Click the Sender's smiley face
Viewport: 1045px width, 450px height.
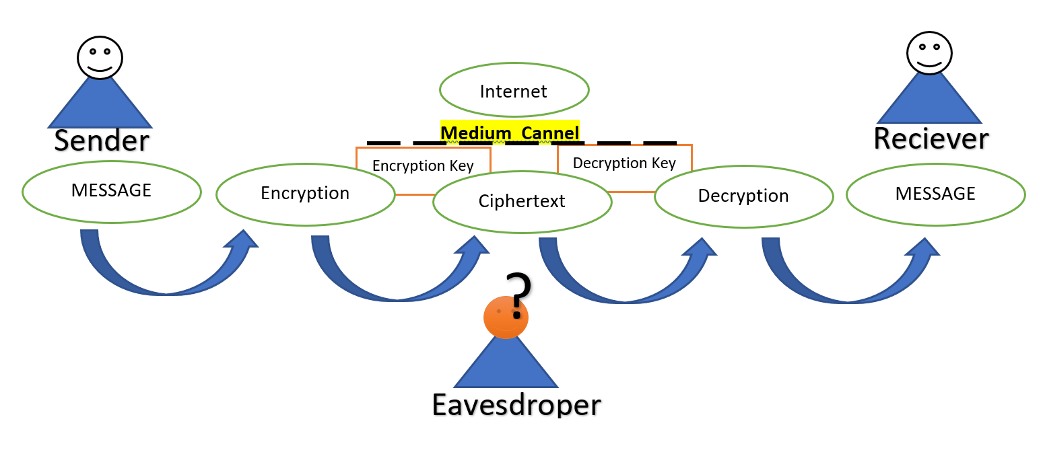[100, 58]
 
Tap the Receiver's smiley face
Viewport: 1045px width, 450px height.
[929, 53]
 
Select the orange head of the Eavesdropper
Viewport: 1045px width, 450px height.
[506, 317]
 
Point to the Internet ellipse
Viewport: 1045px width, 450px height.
[514, 90]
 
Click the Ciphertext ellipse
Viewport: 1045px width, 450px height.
[522, 202]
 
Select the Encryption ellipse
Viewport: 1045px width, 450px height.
[306, 194]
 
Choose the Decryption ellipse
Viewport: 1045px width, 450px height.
[744, 196]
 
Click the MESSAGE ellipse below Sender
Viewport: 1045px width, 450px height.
[112, 192]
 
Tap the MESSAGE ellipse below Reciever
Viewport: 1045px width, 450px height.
[936, 194]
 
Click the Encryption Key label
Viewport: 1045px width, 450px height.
[423, 165]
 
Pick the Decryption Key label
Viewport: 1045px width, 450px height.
[624, 163]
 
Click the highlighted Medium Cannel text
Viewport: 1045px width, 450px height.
[510, 133]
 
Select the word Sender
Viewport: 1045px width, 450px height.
[102, 140]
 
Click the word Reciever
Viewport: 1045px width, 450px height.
[931, 139]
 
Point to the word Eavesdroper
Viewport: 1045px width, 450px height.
[516, 404]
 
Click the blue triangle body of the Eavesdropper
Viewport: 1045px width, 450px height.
[506, 366]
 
